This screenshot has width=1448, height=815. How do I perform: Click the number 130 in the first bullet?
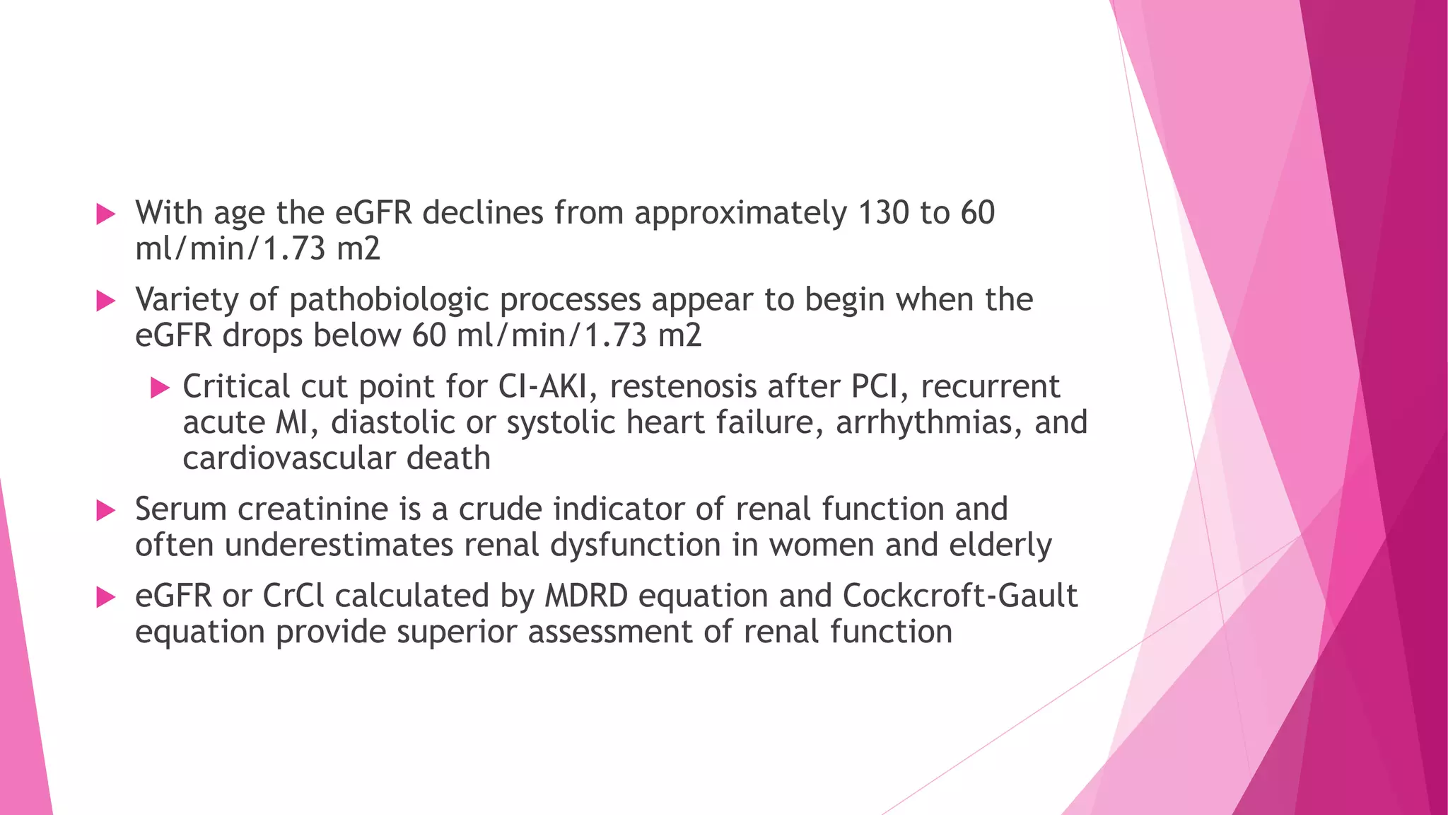pyautogui.click(x=884, y=213)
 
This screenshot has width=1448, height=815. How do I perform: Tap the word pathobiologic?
pyautogui.click(x=389, y=300)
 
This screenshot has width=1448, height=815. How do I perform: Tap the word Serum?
pyautogui.click(x=180, y=509)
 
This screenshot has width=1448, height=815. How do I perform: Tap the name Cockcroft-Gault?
pyautogui.click(x=959, y=596)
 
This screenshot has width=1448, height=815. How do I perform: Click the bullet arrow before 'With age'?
pyautogui.click(x=105, y=214)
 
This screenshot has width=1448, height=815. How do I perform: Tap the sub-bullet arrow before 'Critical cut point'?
pyautogui.click(x=160, y=388)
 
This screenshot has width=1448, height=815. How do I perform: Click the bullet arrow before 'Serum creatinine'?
pyautogui.click(x=105, y=510)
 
